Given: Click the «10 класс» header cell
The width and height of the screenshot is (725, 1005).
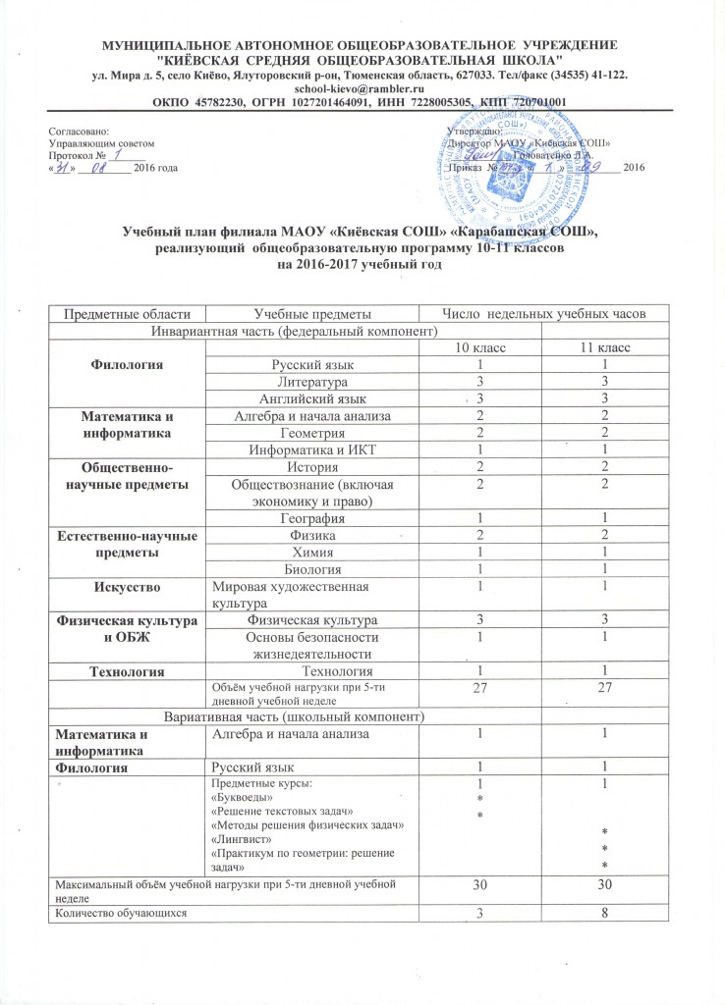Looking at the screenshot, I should pos(480,348).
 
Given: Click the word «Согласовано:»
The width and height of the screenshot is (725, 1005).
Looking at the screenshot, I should pos(80,131).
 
